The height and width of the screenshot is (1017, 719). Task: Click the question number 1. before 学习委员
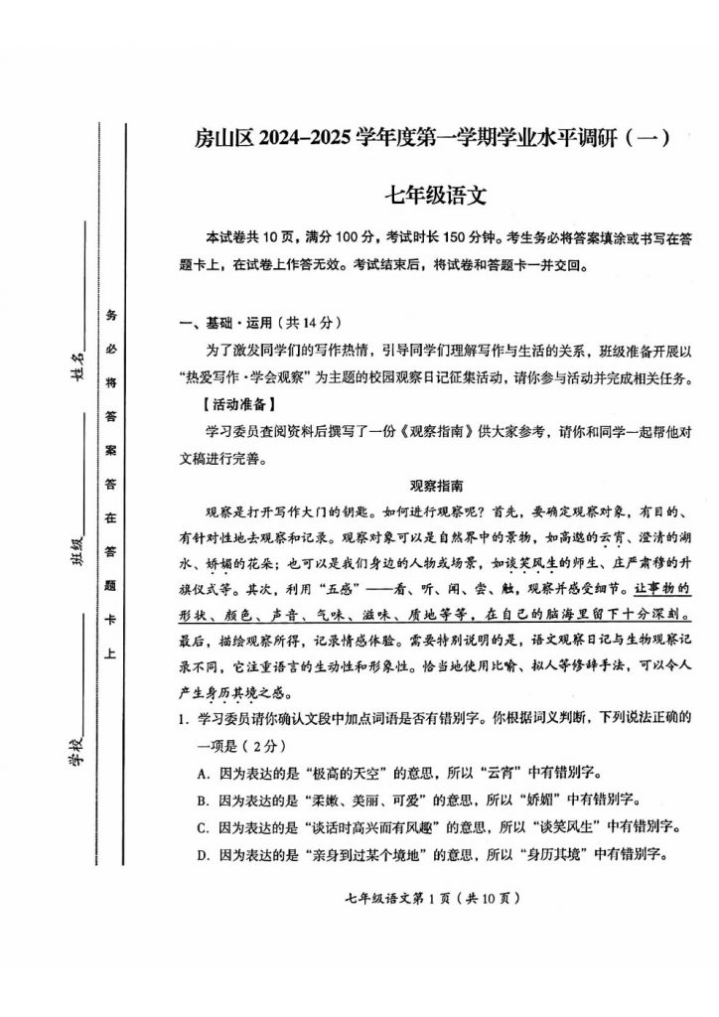tap(170, 718)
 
